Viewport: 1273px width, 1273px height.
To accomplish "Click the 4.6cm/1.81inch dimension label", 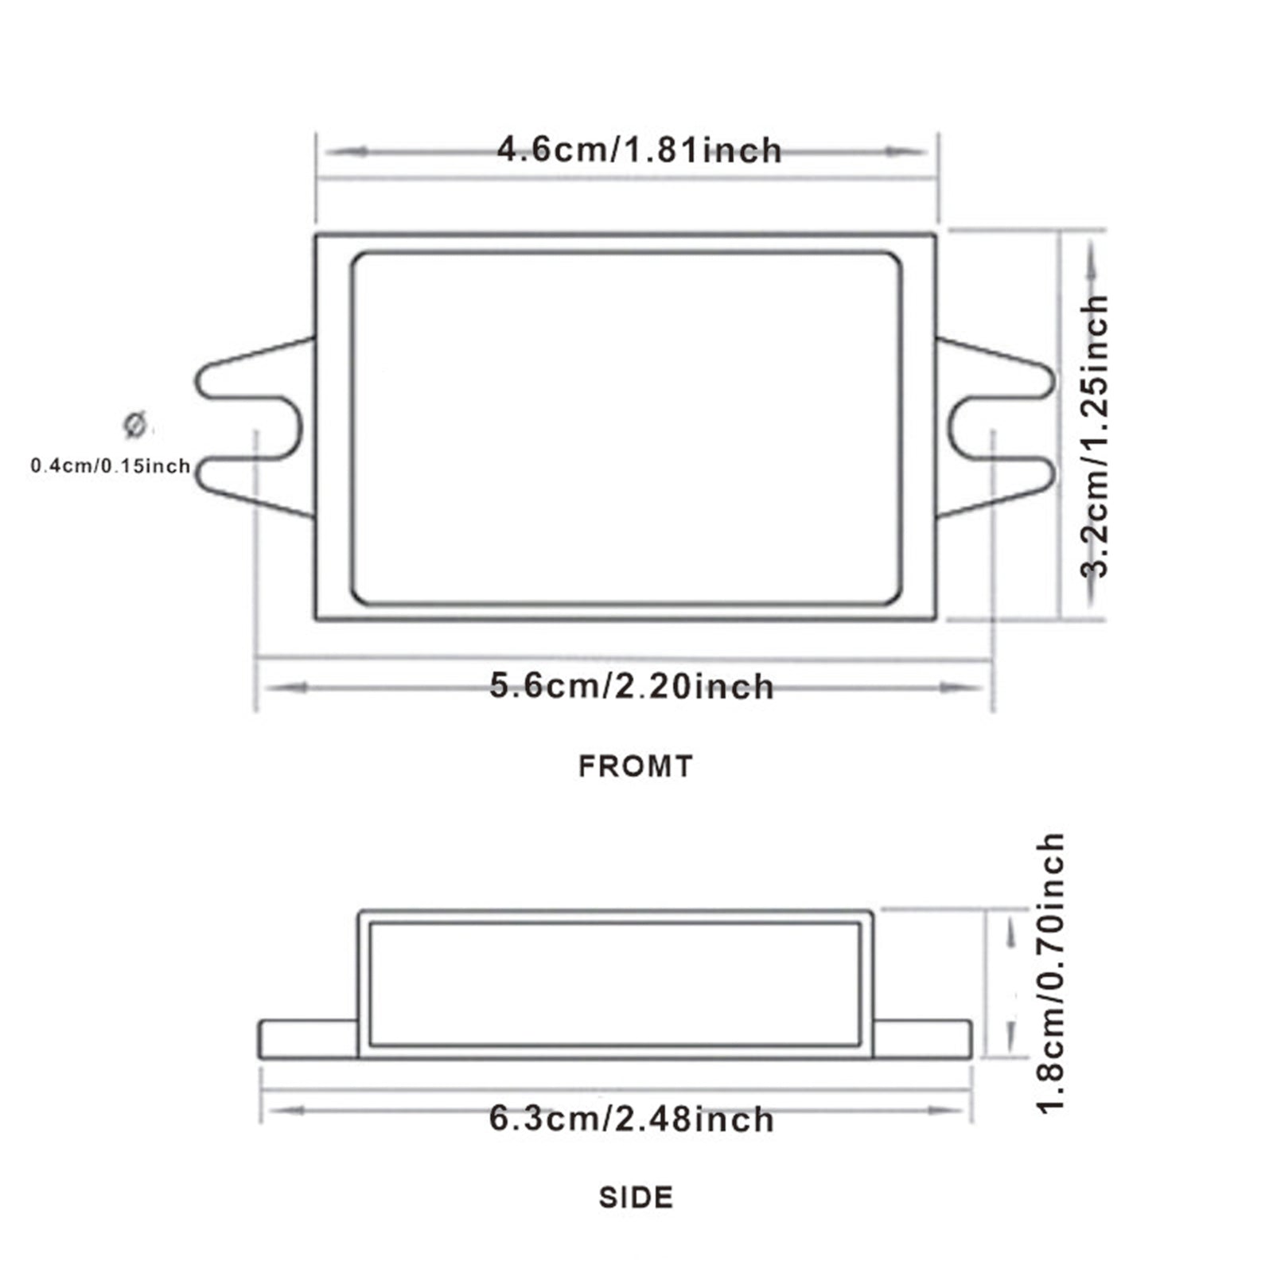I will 639,150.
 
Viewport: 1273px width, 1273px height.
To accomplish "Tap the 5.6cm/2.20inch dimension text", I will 631,687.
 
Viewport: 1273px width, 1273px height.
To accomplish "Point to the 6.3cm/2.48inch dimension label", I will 631,1119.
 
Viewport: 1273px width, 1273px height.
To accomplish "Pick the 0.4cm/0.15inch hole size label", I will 111,465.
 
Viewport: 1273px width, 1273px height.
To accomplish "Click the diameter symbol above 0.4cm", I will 134,425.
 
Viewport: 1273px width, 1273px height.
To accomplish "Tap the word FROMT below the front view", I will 635,766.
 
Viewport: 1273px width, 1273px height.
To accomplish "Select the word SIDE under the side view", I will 635,1197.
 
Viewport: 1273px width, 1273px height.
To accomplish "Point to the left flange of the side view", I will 308,1039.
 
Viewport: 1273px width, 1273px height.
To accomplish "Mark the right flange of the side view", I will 922,1039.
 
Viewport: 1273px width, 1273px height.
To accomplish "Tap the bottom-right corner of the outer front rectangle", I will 934,618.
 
